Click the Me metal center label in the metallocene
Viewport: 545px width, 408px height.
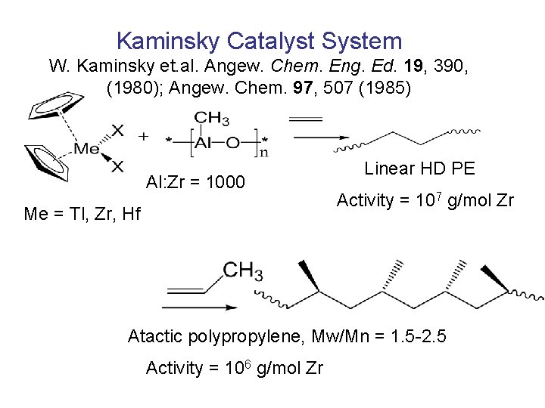88,148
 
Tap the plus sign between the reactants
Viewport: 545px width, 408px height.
143,137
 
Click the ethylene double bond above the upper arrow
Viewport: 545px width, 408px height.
306,118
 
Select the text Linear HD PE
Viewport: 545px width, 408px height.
419,168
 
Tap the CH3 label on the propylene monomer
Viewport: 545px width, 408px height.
242,269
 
